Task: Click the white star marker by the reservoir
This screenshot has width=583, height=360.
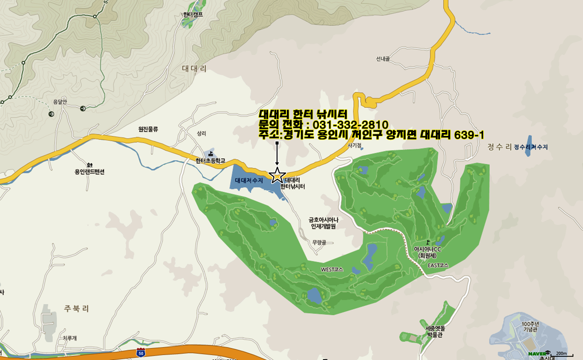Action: click(277, 175)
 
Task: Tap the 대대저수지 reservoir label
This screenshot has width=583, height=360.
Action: click(248, 180)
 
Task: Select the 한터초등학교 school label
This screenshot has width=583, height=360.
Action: click(210, 161)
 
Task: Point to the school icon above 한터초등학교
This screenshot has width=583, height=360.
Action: click(211, 153)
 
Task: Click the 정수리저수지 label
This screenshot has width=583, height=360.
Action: click(531, 147)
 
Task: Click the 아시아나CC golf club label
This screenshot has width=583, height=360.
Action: click(428, 249)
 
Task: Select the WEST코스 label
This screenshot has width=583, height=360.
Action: click(332, 269)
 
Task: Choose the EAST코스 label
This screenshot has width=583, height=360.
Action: click(438, 265)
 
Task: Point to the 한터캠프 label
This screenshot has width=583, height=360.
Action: click(193, 15)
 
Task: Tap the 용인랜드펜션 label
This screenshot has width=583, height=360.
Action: click(89, 171)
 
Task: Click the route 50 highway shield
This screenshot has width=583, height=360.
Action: click(140, 352)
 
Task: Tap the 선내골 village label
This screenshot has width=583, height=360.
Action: click(383, 59)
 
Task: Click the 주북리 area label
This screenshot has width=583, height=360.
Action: click(77, 308)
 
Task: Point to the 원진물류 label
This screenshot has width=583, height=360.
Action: click(148, 129)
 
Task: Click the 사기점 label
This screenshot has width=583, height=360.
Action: click(354, 146)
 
